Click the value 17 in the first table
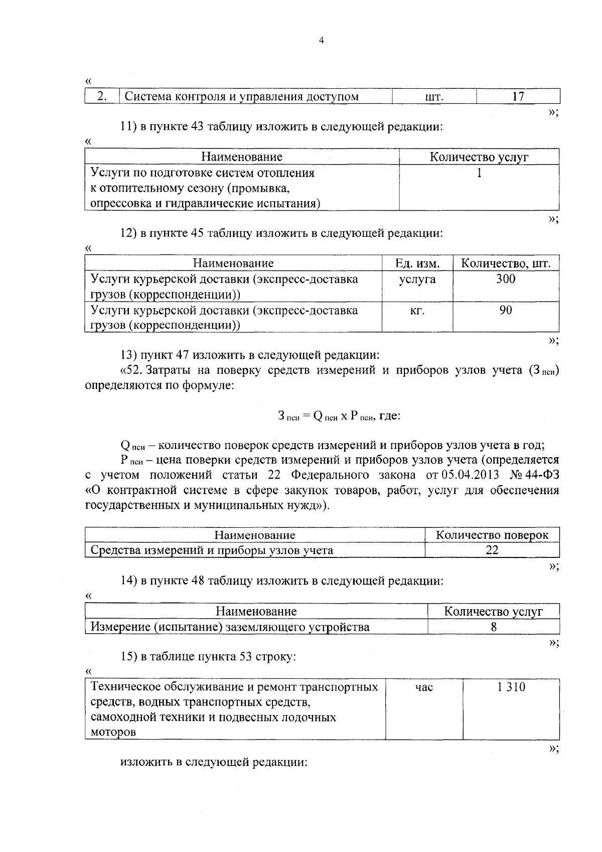[518, 96]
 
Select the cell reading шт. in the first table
[433, 97]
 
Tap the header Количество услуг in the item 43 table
[479, 157]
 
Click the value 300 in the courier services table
[506, 279]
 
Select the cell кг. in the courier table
[417, 311]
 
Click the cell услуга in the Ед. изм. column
[417, 279]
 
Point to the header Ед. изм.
[417, 263]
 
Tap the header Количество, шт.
[506, 263]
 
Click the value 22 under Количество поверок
[492, 550]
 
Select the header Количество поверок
[492, 535]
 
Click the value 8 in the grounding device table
[494, 627]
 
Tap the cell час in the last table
[424, 687]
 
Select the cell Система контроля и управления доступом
[241, 97]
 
